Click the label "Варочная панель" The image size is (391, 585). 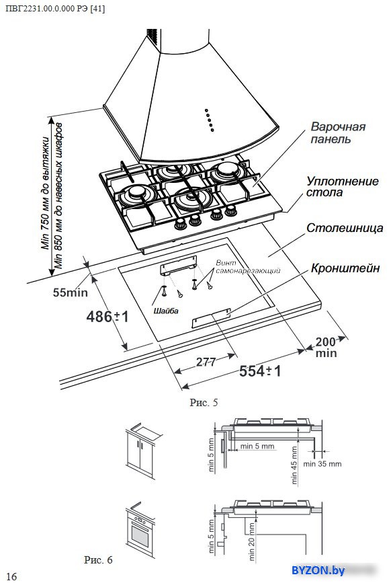(x=338, y=132)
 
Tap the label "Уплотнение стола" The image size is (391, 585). (x=342, y=186)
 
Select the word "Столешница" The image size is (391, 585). (x=345, y=227)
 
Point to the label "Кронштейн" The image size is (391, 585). (x=345, y=268)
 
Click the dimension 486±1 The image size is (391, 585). (x=107, y=317)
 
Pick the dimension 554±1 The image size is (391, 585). (x=260, y=371)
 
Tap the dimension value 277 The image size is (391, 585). (x=206, y=362)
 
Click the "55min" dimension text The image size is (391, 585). (x=70, y=292)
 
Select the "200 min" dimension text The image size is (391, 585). (x=326, y=348)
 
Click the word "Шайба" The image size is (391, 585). (x=166, y=311)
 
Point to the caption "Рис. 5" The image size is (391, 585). (x=204, y=402)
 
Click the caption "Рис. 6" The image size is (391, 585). (x=98, y=559)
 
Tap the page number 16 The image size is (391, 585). (x=11, y=576)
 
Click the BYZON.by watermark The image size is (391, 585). (x=318, y=570)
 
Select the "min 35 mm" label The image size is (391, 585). (x=322, y=464)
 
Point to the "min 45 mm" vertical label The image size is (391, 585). (x=294, y=465)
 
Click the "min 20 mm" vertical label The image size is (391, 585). (x=251, y=542)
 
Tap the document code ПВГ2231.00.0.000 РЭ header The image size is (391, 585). (x=56, y=9)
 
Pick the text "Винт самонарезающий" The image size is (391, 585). (x=248, y=267)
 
